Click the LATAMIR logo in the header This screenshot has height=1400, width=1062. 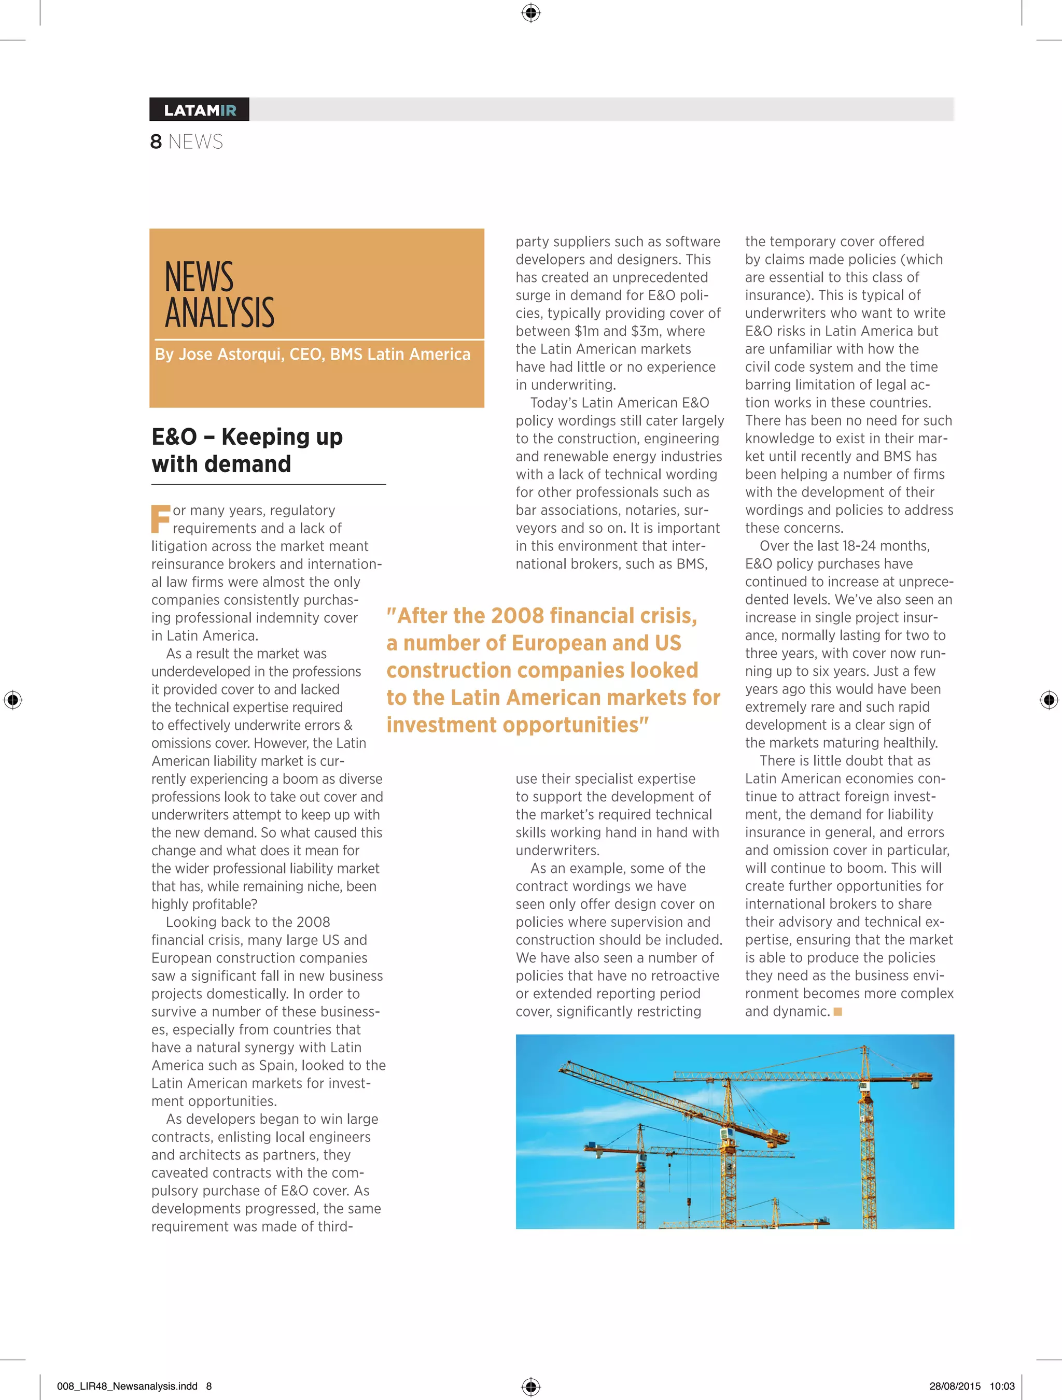(x=200, y=110)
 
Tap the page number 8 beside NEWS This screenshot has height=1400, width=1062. (x=156, y=142)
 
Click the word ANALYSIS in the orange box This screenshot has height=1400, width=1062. (x=220, y=313)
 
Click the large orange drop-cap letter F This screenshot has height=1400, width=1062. (x=160, y=519)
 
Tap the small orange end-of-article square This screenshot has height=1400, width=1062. (x=838, y=1012)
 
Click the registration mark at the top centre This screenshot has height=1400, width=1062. (x=530, y=12)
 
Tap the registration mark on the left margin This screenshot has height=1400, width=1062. (x=12, y=699)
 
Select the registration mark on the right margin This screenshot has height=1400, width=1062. (x=1049, y=699)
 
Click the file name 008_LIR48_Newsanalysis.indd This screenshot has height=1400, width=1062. (x=127, y=1386)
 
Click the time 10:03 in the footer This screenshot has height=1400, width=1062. (x=1002, y=1386)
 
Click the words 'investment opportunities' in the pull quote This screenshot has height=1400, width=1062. (x=517, y=725)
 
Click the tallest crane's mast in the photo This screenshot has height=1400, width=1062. (x=865, y=1139)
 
